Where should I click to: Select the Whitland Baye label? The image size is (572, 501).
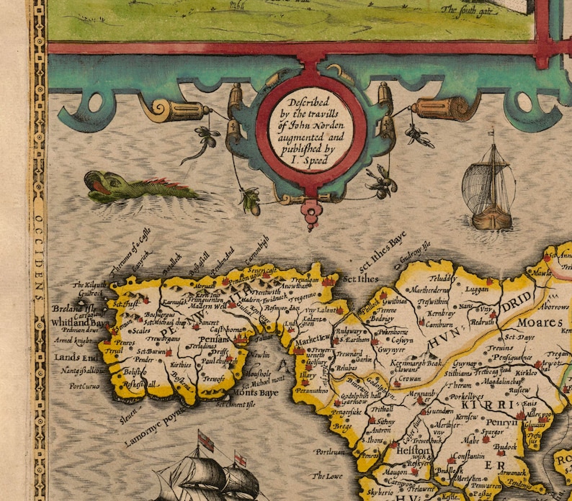[79, 324]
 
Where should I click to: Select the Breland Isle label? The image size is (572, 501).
[69, 310]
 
